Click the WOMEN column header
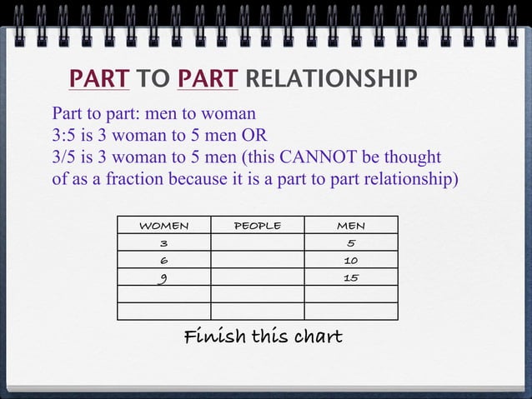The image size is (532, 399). [x=163, y=225]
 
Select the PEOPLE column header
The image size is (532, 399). [x=257, y=225]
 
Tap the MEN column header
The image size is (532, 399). [x=350, y=225]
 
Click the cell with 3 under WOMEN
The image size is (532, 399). [x=163, y=243]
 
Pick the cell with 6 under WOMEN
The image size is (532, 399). [x=163, y=261]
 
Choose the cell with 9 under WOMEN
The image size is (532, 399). [x=163, y=277]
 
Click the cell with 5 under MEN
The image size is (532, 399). [x=350, y=243]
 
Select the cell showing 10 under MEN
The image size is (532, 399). [x=350, y=261]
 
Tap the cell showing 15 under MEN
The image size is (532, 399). [x=350, y=277]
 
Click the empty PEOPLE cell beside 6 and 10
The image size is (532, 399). [x=257, y=261]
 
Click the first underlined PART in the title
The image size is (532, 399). [x=99, y=79]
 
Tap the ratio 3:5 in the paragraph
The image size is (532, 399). [x=66, y=136]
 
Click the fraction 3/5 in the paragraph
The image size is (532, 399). [x=66, y=157]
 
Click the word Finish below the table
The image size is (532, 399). [x=214, y=337]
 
